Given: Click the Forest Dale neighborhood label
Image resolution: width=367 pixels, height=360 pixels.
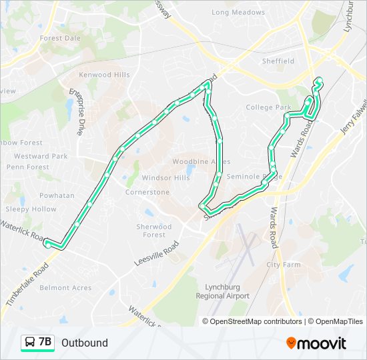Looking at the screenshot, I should coord(60,39).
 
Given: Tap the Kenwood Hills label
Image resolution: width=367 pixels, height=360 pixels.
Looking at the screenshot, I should coord(104,75).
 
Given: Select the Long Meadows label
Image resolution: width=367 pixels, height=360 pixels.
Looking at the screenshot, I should coord(238,12).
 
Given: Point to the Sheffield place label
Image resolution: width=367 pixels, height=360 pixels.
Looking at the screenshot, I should coord(278,61).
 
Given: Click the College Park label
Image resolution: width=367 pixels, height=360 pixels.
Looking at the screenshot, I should coord(268,107).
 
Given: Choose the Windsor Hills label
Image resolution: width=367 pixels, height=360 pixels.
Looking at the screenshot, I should coord(165,178).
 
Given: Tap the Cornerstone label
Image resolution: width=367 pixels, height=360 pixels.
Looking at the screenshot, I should coord(147,192).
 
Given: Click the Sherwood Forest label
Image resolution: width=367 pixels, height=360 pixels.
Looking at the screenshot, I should coord(154,231).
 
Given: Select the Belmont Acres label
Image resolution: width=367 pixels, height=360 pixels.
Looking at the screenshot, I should coord(65,288).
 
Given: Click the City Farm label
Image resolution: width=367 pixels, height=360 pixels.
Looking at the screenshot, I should coord(284,265).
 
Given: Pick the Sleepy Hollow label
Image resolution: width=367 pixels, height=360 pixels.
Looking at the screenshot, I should coord(31,209).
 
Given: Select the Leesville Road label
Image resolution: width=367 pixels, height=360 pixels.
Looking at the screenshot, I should coord(157,254).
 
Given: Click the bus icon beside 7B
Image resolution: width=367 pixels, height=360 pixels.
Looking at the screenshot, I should coord(29,343).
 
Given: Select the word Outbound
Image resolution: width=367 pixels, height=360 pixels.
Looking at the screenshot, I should coord(85,343).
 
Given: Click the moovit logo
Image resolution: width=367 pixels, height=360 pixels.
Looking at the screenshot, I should coord(316,343).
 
